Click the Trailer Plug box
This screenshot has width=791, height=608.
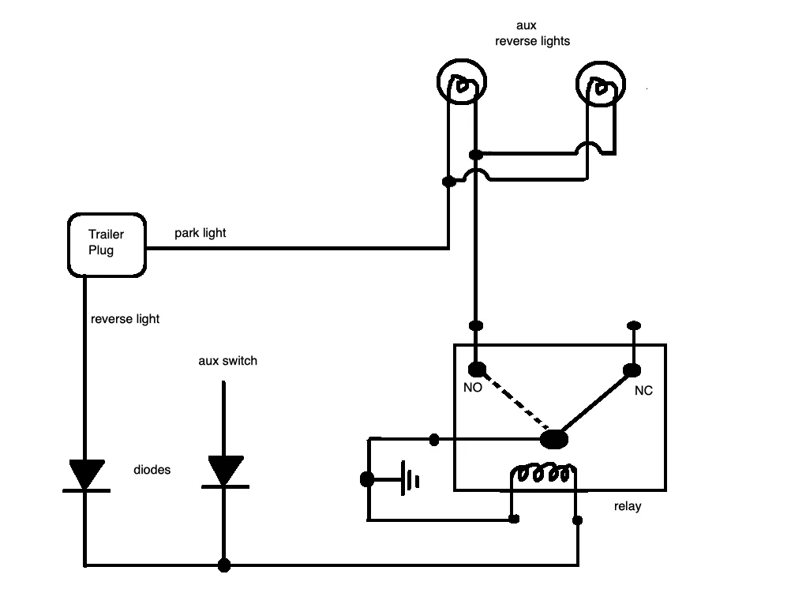click(x=107, y=246)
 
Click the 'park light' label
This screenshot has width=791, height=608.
click(x=201, y=233)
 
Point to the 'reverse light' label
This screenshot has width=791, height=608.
click(x=125, y=319)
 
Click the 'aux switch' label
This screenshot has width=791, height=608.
click(x=227, y=361)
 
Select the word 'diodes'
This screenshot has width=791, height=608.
click(x=152, y=470)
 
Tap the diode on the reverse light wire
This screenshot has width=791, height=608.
click(x=87, y=475)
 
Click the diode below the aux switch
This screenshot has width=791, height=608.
click(x=225, y=471)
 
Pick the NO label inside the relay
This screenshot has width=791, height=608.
click(x=473, y=388)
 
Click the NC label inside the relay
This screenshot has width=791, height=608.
click(x=643, y=391)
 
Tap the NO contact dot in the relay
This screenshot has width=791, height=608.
click(x=478, y=370)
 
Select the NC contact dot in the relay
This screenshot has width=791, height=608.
click(x=632, y=370)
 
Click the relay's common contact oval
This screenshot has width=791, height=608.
click(x=554, y=439)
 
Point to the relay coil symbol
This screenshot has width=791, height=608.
click(x=543, y=472)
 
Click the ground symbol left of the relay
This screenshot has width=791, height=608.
click(x=409, y=479)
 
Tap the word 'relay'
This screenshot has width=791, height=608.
click(x=628, y=506)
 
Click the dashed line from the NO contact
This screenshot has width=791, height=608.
click(x=515, y=403)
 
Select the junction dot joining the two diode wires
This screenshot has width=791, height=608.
click(x=224, y=565)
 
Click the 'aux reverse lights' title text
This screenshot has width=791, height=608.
click(x=532, y=33)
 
